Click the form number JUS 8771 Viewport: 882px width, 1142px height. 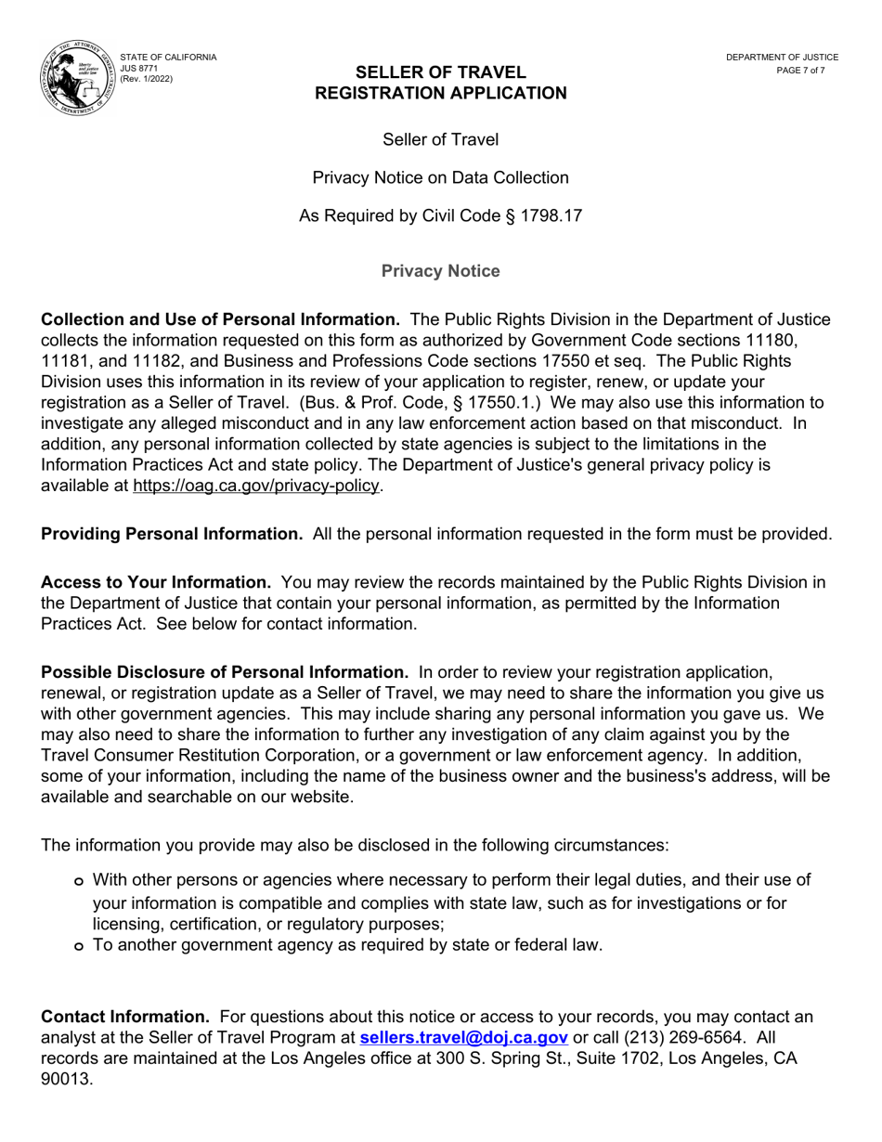click(x=139, y=68)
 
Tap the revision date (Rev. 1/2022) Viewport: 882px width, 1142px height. click(x=147, y=79)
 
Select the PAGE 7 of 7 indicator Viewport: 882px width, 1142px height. click(x=800, y=71)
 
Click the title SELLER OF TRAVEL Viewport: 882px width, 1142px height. click(x=440, y=72)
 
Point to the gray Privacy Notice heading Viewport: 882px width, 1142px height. click(x=440, y=271)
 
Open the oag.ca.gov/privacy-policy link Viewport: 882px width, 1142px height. click(x=256, y=486)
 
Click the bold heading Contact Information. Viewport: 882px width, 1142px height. click(x=125, y=1017)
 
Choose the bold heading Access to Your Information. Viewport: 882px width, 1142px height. click(x=156, y=582)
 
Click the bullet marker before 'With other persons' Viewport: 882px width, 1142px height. click(x=79, y=881)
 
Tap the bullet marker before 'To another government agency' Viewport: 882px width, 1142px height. click(x=79, y=946)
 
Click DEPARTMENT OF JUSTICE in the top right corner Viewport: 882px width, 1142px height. click(x=782, y=58)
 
